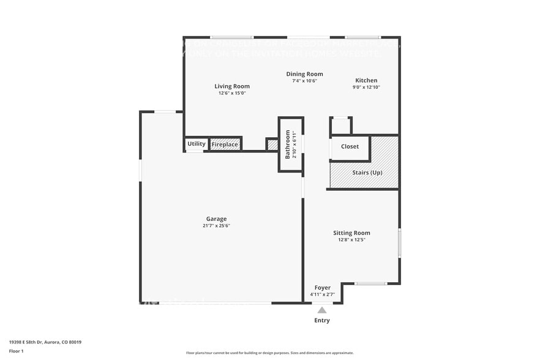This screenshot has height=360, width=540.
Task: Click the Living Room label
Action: click(232, 86)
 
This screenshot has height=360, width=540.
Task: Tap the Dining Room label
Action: click(304, 74)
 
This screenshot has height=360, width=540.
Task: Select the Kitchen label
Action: click(367, 80)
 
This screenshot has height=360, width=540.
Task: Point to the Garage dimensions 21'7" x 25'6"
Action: click(216, 226)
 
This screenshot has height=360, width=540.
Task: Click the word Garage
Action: click(216, 219)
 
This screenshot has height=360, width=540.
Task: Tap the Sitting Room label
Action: click(351, 233)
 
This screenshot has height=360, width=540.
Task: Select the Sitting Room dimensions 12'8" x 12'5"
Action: click(351, 240)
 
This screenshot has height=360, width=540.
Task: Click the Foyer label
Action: click(323, 288)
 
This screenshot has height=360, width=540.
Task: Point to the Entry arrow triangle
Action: click(322, 310)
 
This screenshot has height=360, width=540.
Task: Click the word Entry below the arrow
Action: click(322, 320)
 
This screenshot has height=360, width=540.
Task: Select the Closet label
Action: click(350, 147)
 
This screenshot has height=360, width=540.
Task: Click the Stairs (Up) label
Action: click(367, 173)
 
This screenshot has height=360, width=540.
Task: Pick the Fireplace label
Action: click(225, 144)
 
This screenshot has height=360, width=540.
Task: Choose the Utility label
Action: click(197, 144)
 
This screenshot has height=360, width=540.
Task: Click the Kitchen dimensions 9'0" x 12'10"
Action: click(367, 88)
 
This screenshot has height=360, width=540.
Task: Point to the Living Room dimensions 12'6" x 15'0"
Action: click(232, 93)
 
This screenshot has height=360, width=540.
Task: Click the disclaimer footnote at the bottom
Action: click(269, 353)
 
